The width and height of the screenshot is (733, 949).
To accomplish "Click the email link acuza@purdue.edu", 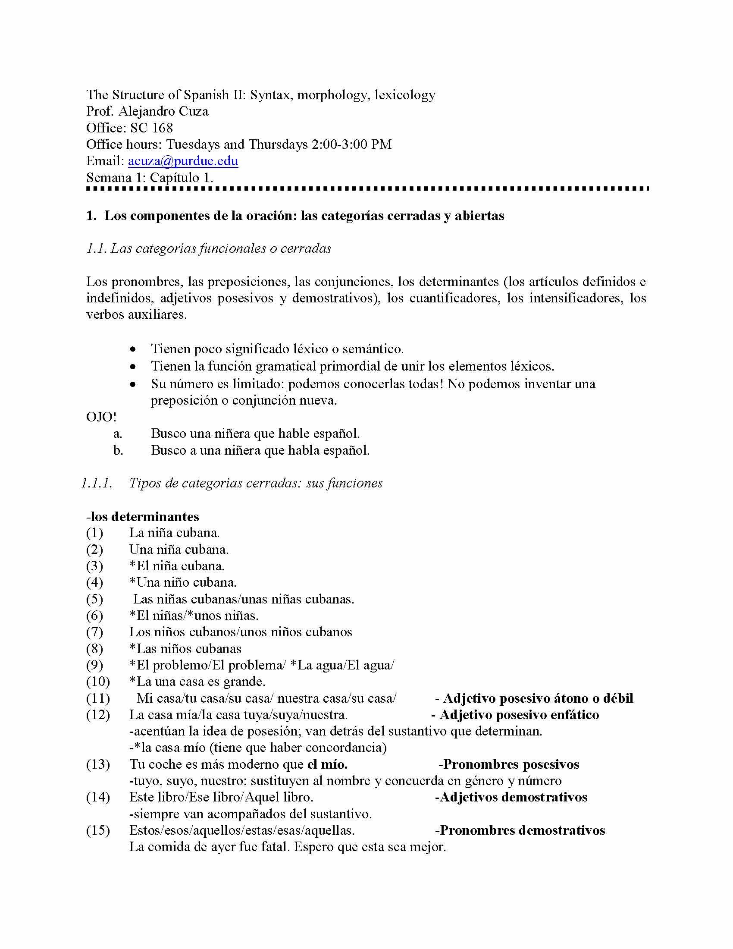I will click(x=183, y=161).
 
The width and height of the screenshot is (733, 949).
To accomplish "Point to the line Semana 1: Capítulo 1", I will click(x=149, y=178).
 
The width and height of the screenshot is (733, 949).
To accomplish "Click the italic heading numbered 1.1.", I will click(x=208, y=248).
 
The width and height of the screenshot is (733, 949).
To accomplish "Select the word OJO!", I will click(x=101, y=417).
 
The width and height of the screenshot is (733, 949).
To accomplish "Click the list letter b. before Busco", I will click(x=118, y=450).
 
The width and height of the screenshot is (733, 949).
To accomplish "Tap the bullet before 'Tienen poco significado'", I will click(x=133, y=349).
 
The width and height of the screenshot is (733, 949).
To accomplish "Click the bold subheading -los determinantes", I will click(x=143, y=517).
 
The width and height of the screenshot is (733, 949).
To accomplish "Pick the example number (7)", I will click(x=95, y=632).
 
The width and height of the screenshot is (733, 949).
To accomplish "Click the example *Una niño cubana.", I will click(x=183, y=582).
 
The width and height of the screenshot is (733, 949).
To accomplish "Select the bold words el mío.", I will click(x=327, y=764).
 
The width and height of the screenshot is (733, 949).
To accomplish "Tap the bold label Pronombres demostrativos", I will click(x=523, y=830).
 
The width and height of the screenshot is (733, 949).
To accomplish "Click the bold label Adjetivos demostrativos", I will click(x=513, y=797).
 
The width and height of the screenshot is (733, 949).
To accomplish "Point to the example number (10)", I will click(x=98, y=681).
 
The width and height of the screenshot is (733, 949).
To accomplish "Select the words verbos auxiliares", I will click(x=136, y=314).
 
